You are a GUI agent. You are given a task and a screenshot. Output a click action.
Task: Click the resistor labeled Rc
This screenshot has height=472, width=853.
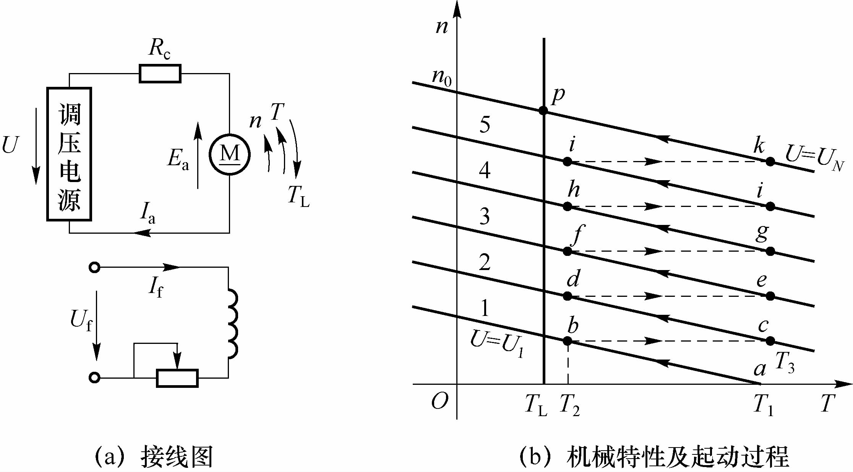pos(160,74)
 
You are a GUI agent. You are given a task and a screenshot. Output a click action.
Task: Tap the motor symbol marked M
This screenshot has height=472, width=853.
pos(230,155)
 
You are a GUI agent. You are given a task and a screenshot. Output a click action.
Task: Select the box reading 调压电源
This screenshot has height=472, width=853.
pos(69,154)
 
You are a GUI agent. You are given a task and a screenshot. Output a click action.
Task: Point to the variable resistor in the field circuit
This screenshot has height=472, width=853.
pos(177,378)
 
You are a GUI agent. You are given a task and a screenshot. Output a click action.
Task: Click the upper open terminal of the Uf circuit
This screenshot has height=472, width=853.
pos(94,267)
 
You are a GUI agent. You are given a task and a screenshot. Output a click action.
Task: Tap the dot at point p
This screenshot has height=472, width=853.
pos(543,111)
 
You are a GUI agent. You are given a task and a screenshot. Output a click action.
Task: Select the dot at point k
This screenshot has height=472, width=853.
pos(770,161)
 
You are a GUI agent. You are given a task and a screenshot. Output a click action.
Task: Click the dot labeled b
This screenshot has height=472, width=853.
pos(568,341)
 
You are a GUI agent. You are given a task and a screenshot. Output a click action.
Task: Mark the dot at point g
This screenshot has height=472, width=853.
pos(770,251)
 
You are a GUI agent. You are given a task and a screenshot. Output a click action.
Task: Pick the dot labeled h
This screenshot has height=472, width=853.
pos(568,207)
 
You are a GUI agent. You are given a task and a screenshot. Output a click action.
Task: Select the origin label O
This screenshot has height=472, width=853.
pos(439,402)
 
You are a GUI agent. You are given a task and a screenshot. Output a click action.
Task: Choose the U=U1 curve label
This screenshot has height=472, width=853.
pos(496,342)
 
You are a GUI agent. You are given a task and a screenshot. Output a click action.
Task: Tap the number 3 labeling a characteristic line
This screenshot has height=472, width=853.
pos(485,216)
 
